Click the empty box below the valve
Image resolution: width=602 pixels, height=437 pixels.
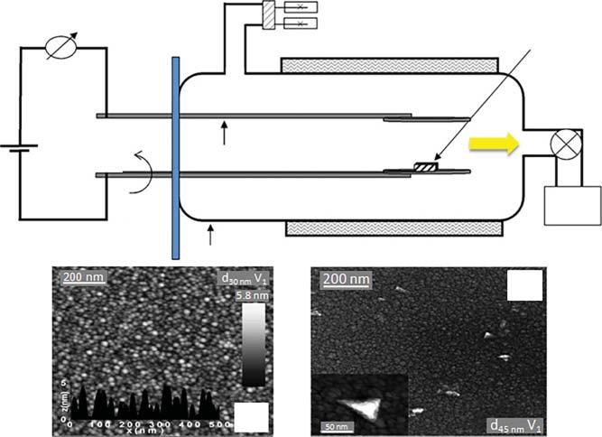(573, 205)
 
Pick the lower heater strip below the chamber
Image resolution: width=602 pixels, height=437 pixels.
(394, 228)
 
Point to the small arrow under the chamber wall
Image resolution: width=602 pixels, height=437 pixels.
(212, 236)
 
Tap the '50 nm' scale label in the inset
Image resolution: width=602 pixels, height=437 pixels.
(334, 424)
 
